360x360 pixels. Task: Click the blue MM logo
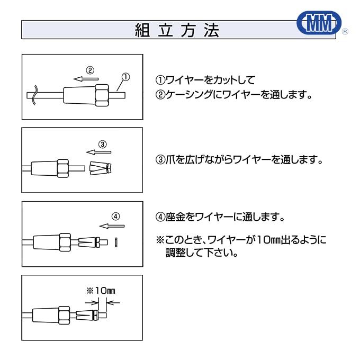(319, 23)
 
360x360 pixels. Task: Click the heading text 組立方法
(176, 30)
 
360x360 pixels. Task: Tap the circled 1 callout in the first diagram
(125, 77)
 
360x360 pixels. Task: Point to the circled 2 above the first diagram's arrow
(90, 69)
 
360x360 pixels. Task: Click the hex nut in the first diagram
(102, 95)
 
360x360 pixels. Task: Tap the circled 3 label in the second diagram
(103, 143)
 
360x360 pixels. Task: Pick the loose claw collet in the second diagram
(101, 168)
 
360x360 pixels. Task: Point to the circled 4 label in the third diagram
(116, 216)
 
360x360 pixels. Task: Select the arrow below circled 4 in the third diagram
(112, 226)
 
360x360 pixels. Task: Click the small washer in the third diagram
(115, 242)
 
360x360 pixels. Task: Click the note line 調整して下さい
(202, 253)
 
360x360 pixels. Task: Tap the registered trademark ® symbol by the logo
(345, 32)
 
